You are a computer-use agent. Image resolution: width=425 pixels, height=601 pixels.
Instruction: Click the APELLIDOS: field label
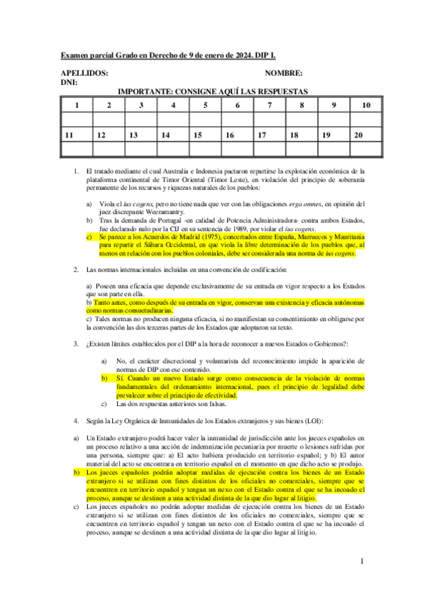[84, 73]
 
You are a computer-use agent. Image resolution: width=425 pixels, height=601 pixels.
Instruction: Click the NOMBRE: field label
[284, 73]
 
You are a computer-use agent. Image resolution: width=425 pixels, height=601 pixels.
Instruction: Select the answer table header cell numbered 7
[270, 106]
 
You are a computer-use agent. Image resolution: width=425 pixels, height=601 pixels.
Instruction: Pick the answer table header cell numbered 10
[366, 106]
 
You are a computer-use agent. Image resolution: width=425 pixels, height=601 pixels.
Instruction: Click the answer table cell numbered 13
[133, 135]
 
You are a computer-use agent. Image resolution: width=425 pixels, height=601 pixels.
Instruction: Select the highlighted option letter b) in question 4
[77, 471]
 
